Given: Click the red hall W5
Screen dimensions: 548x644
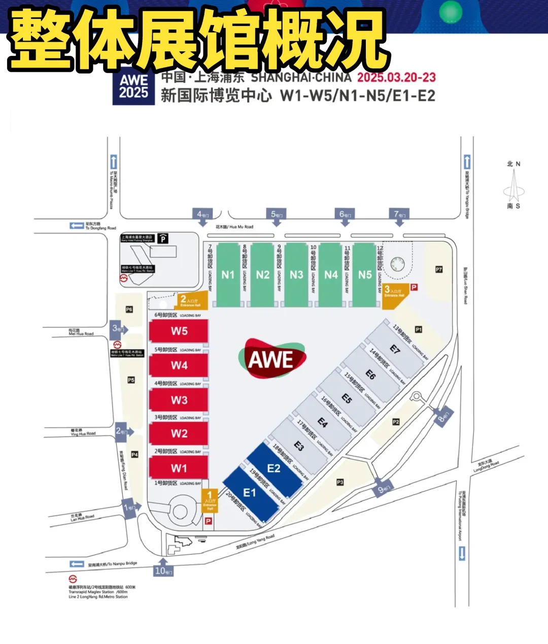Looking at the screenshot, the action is [x=179, y=331].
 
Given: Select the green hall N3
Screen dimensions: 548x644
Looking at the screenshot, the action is [x=296, y=275].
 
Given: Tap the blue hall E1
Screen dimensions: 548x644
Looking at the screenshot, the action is [x=250, y=493].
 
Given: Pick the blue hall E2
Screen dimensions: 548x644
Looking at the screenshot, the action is [x=274, y=468].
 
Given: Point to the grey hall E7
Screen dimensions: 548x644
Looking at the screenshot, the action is [x=395, y=349].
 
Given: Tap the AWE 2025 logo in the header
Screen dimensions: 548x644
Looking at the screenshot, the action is [x=133, y=86].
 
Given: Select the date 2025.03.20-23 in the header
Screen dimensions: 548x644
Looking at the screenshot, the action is [x=396, y=77].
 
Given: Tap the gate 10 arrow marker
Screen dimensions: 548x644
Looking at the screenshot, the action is [x=163, y=568].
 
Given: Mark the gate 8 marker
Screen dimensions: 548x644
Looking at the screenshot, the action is [x=443, y=416].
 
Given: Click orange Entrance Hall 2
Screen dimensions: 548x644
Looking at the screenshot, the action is [x=191, y=300].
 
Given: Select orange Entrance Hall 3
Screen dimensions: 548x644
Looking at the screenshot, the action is [x=394, y=293].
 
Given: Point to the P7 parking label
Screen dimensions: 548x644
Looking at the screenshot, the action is [x=439, y=269].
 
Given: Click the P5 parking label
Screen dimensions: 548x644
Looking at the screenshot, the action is [x=131, y=380].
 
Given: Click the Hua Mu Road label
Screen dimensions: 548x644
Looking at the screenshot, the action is [x=234, y=227].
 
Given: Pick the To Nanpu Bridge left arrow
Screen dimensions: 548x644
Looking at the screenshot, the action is [x=77, y=564].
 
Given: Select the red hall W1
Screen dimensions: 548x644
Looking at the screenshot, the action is [x=179, y=468].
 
